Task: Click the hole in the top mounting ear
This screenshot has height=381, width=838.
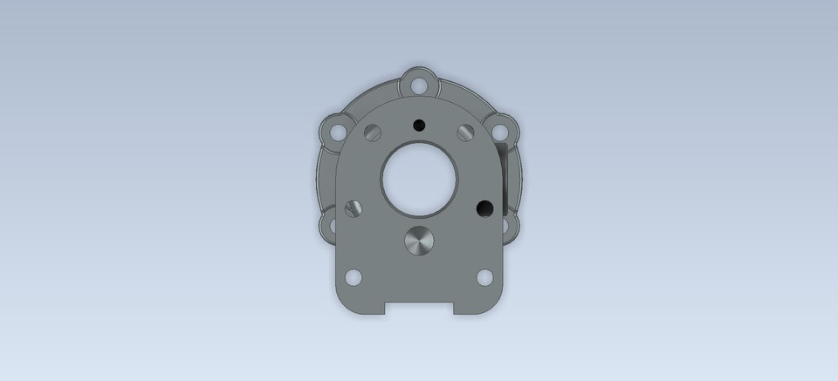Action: pos(419,85)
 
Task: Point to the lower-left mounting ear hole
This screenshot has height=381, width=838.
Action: pos(330,228)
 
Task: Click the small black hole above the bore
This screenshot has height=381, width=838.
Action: pos(419,125)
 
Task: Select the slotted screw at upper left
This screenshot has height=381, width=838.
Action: pos(374,132)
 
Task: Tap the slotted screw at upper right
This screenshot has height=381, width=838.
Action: pos(464,132)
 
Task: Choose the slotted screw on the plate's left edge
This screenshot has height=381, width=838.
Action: pos(354,208)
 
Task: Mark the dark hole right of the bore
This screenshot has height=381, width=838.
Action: pos(484,208)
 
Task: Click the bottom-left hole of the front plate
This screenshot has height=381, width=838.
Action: pos(354,277)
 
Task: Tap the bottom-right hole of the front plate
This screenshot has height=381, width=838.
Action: pos(484,277)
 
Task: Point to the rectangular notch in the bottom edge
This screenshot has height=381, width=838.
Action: pos(419,308)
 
